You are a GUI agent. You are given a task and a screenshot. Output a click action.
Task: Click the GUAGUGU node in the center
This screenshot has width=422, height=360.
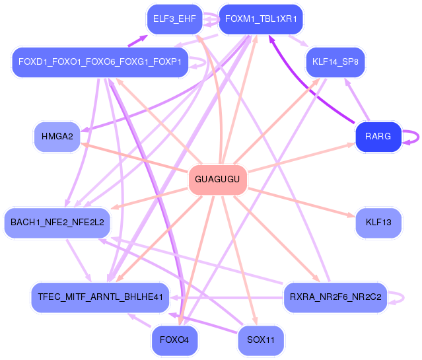(x=217, y=179)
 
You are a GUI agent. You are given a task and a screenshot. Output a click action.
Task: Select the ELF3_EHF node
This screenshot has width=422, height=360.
(x=174, y=19)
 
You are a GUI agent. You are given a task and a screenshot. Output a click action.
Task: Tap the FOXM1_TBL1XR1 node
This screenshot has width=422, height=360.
(x=261, y=19)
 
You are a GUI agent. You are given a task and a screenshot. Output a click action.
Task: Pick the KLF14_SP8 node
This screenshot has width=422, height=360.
(x=335, y=62)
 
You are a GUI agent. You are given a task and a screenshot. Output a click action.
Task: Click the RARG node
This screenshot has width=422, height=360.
(x=378, y=136)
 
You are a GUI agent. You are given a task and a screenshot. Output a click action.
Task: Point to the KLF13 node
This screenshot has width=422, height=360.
(x=378, y=223)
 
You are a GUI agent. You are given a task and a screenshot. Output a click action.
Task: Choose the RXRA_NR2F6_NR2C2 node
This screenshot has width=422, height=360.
(x=335, y=297)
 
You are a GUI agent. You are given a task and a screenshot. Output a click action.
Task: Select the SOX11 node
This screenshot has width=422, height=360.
(x=260, y=340)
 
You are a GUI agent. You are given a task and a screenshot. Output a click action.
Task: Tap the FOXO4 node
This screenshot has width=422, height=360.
(x=174, y=340)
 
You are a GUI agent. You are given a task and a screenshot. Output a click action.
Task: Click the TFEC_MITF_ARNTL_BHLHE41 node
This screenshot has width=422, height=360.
(x=100, y=297)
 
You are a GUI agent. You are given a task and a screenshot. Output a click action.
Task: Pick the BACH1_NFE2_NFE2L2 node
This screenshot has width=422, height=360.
(x=57, y=223)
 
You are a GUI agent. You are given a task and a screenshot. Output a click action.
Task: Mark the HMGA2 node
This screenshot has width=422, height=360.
(x=57, y=136)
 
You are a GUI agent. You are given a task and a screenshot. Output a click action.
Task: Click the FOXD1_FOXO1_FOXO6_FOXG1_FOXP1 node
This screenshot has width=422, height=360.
(x=100, y=62)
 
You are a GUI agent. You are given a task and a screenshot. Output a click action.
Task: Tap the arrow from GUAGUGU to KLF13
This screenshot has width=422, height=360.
(x=301, y=203)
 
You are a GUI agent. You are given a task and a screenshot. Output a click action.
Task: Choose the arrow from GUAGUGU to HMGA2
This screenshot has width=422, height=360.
(x=134, y=157)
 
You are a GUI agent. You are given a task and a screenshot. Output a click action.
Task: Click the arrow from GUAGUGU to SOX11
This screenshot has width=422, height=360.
(x=240, y=261)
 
